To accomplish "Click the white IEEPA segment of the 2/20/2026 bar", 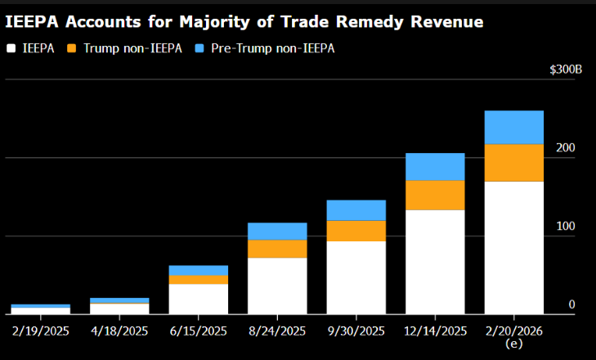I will click(514, 247).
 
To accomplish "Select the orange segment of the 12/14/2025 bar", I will click(435, 195).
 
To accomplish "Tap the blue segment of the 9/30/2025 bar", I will click(356, 210).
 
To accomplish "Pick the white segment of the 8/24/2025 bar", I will click(277, 286).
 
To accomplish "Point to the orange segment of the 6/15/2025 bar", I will click(198, 280).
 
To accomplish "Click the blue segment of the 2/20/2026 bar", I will click(514, 127).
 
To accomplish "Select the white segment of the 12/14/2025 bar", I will click(435, 262).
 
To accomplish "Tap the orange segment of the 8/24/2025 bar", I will click(277, 249).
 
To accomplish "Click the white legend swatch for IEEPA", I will click(11, 48).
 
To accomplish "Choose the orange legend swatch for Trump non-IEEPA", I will click(71, 48).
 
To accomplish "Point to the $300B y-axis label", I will click(566, 70).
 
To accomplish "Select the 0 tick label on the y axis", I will click(572, 304).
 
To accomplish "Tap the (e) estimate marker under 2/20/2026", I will click(514, 344).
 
